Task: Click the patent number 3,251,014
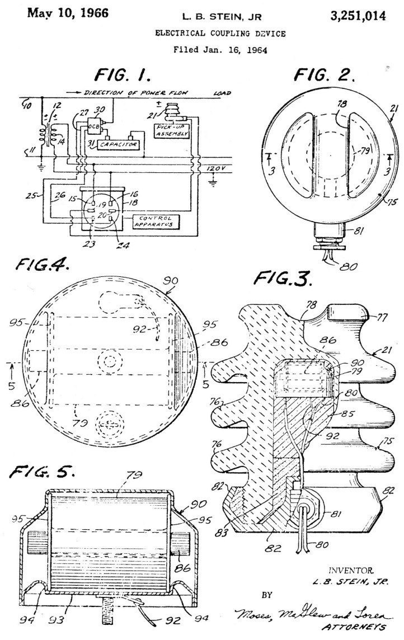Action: (x=359, y=16)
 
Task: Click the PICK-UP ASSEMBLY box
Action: (x=170, y=135)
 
